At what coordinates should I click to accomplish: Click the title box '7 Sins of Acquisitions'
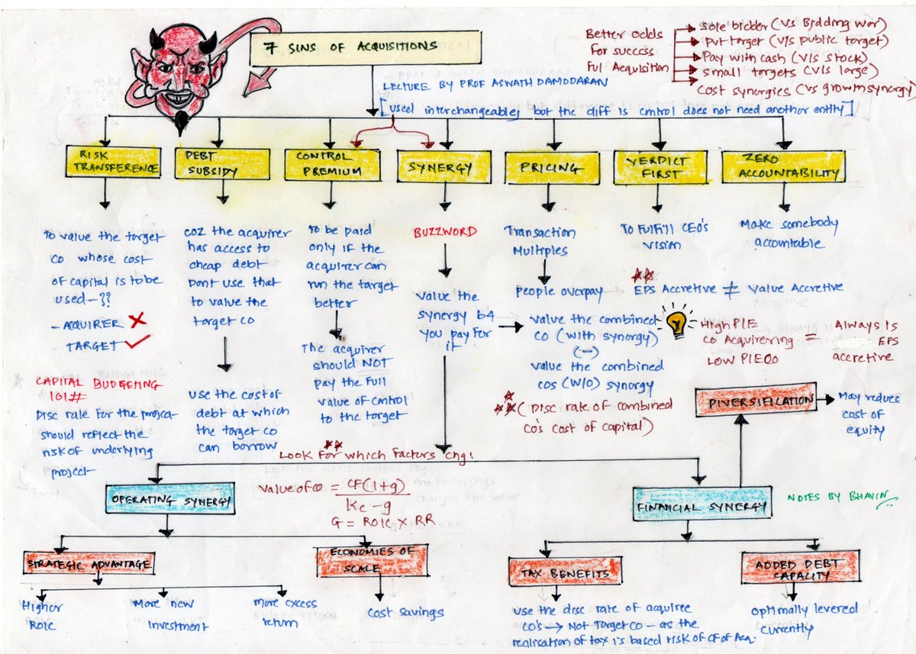[x=366, y=49]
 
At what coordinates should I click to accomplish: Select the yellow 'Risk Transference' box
[x=113, y=163]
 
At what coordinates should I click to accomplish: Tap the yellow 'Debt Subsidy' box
[x=222, y=163]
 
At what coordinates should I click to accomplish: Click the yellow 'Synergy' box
[x=443, y=166]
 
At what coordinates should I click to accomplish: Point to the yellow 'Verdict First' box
[x=660, y=166]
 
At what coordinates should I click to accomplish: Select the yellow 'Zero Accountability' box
[x=783, y=166]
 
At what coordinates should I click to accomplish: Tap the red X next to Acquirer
[x=137, y=321]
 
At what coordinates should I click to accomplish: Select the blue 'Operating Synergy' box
[x=169, y=500]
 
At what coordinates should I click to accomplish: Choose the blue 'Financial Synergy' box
[x=701, y=506]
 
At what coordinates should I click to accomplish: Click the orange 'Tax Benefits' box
[x=565, y=571]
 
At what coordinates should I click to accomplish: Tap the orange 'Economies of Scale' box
[x=372, y=560]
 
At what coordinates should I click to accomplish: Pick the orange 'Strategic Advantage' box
[x=89, y=563]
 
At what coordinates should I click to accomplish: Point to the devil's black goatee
[x=181, y=121]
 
